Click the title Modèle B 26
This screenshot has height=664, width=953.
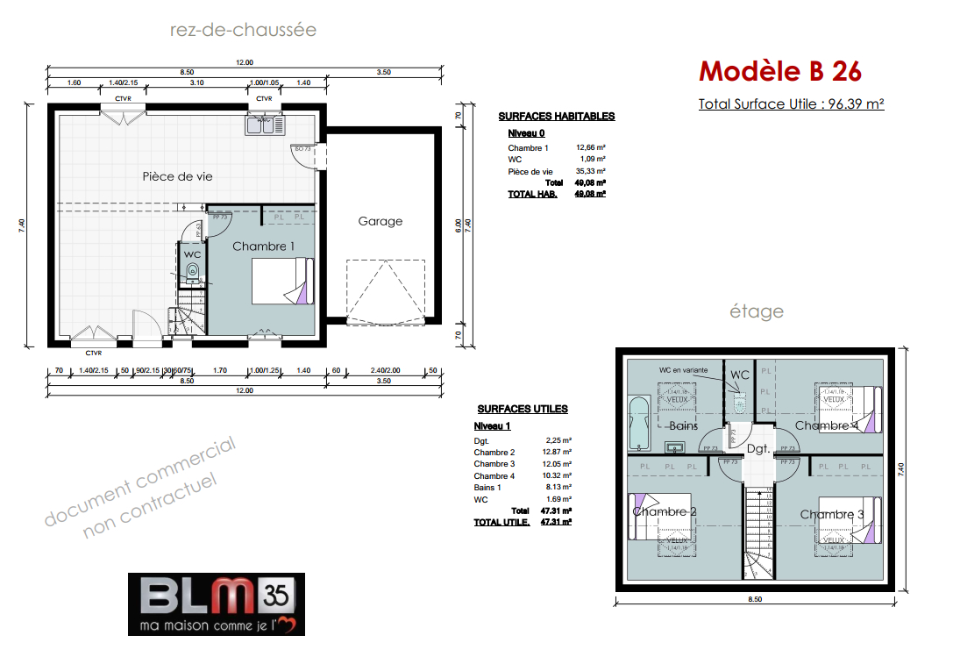coord(779,70)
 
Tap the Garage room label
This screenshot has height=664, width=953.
coord(380,221)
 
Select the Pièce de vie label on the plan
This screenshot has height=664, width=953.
coord(177,176)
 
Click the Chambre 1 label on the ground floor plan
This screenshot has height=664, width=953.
coord(263,246)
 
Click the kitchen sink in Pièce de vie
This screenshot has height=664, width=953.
coord(264,125)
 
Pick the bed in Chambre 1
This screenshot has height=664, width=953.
coord(281,281)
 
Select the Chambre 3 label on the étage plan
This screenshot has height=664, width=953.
coord(832,514)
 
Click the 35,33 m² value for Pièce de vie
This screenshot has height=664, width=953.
coord(591,171)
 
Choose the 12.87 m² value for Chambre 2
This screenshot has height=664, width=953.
coord(558,453)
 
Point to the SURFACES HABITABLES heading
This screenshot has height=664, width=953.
coord(556,116)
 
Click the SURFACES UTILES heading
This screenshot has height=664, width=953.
coord(522,409)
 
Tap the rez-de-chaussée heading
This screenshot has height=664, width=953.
coord(243,30)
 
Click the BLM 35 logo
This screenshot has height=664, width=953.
coord(216,603)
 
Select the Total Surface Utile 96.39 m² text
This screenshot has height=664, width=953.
coord(791,104)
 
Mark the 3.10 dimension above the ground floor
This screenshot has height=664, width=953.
coord(196,82)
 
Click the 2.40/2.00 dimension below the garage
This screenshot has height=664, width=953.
coord(384,371)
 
